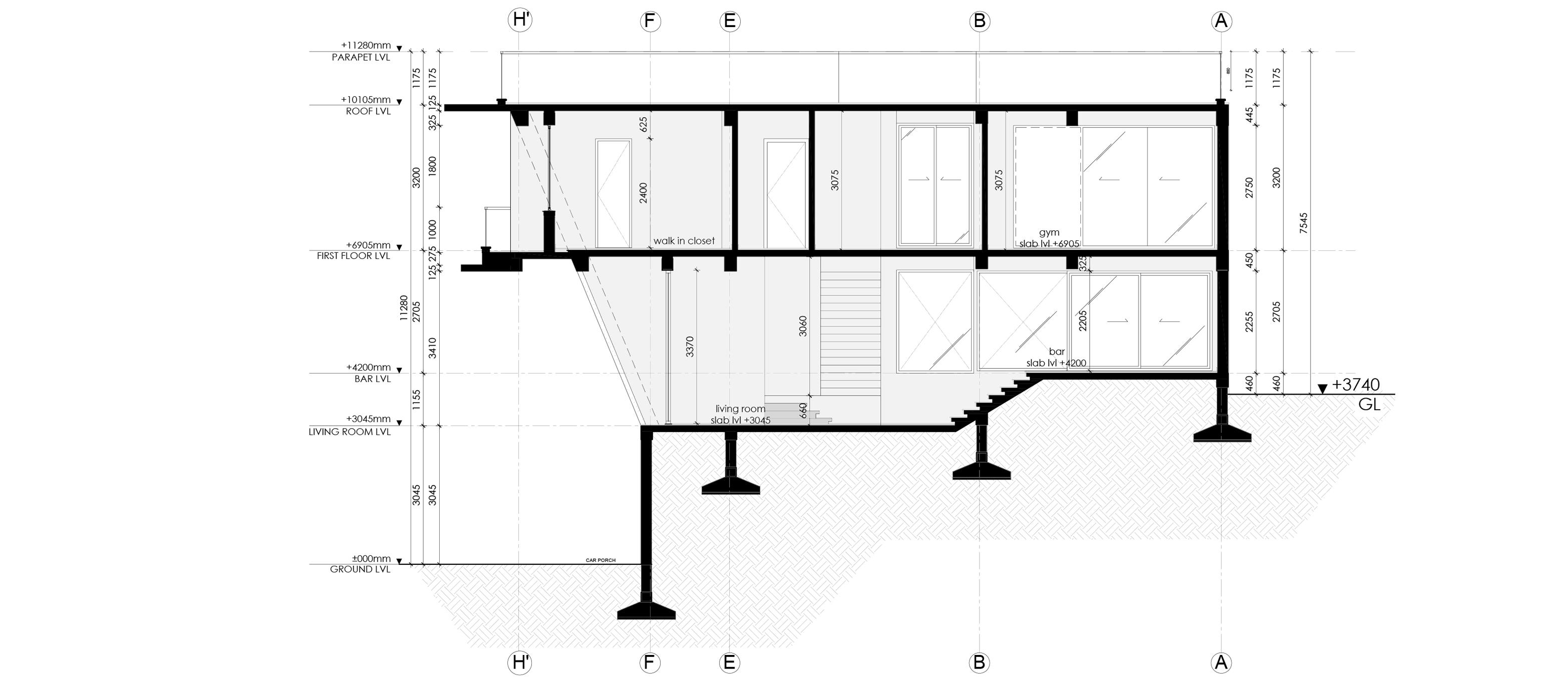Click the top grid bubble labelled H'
pyautogui.click(x=520, y=21)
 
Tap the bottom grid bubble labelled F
pyautogui.click(x=649, y=662)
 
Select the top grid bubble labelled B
pyautogui.click(x=979, y=21)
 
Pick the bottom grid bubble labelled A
pyautogui.click(x=1221, y=662)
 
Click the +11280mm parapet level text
pyautogui.click(x=366, y=46)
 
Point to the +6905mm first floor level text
pyautogui.click(x=368, y=245)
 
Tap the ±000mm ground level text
pyautogui.click(x=371, y=559)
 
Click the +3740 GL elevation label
pyautogui.click(x=1355, y=386)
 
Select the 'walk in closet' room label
pyautogui.click(x=684, y=241)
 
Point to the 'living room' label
pyautogui.click(x=740, y=409)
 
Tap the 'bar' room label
pyautogui.click(x=1057, y=352)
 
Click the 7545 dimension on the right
pyautogui.click(x=1303, y=223)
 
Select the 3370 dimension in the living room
pyautogui.click(x=690, y=346)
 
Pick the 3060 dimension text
pyautogui.click(x=803, y=326)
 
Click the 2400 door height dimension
pyautogui.click(x=643, y=193)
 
